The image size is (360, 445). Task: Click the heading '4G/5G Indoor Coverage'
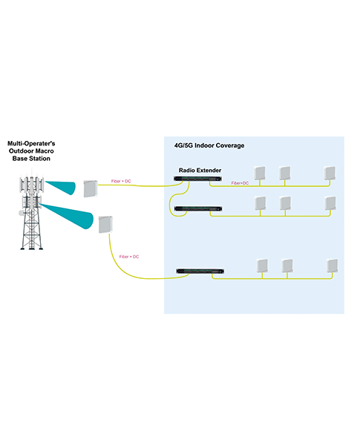[x=209, y=145]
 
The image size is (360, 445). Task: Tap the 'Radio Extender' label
[x=200, y=171]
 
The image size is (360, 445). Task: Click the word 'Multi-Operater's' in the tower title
[x=31, y=143]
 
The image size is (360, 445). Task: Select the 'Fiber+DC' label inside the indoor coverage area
[x=240, y=183]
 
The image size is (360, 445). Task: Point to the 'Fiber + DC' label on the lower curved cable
[x=129, y=257]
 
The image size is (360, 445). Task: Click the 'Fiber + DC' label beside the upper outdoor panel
[x=121, y=181]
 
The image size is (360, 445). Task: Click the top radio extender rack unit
[x=197, y=179]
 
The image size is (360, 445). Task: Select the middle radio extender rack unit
[x=198, y=209]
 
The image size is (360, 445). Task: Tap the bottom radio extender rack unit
[x=200, y=271]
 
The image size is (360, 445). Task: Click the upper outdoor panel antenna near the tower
[x=91, y=188]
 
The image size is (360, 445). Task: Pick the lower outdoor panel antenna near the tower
[x=105, y=225]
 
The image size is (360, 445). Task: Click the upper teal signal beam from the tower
[x=61, y=188]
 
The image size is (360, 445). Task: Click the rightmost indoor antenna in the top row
[x=330, y=173]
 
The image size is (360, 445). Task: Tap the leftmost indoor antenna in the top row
[x=260, y=173]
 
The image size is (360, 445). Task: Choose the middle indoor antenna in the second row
[x=285, y=203]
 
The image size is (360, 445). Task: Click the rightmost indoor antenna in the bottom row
[x=332, y=266]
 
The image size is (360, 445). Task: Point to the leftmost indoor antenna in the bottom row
[x=262, y=266]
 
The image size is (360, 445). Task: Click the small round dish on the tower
[x=21, y=213]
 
